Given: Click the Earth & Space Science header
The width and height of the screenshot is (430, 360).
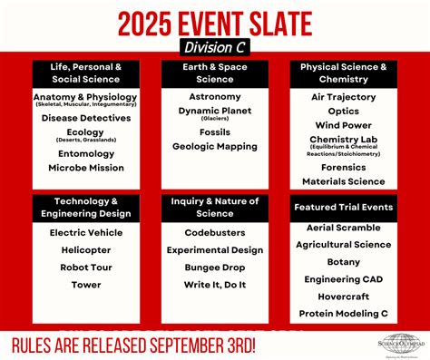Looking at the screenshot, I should (215, 73).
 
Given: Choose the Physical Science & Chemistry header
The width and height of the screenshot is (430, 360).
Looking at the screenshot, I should (344, 73).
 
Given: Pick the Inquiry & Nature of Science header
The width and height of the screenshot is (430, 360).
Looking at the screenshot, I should (215, 207).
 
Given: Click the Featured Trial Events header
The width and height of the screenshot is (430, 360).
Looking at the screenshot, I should (344, 207).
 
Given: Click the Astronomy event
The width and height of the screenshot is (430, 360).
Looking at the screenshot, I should (215, 95).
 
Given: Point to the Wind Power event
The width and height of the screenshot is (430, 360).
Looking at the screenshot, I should (344, 125).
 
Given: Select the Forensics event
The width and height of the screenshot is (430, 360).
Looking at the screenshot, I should (344, 166).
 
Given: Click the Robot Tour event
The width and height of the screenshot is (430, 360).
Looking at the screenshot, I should (86, 268).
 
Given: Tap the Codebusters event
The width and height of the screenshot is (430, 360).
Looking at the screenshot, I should (215, 232).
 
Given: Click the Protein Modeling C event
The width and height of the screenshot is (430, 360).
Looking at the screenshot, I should (344, 315).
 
